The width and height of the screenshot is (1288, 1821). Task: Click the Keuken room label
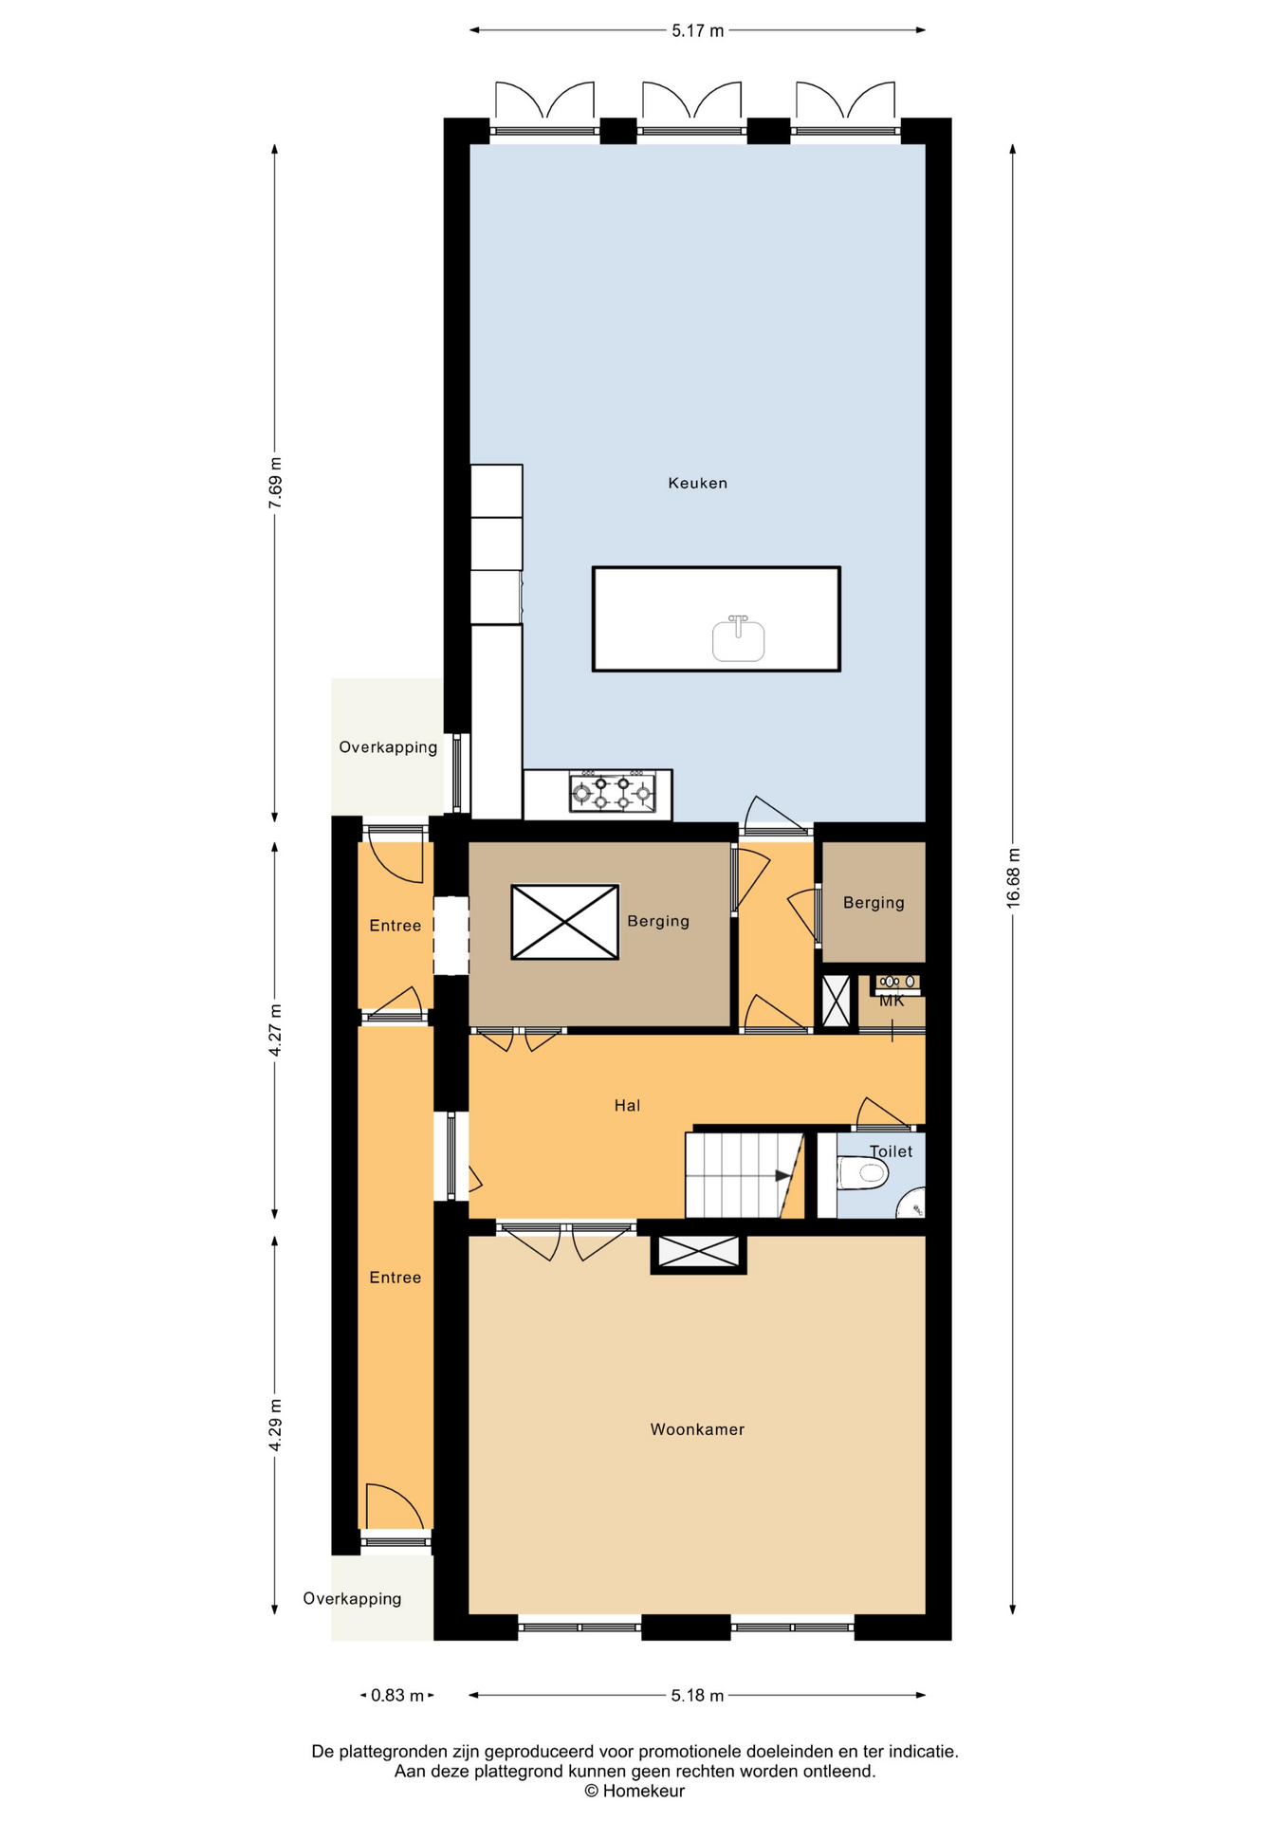697,483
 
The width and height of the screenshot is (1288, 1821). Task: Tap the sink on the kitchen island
738,639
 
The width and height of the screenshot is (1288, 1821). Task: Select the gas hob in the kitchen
613,792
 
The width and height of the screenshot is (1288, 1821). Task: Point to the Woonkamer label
697,1429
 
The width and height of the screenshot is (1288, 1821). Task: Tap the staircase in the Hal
745,1175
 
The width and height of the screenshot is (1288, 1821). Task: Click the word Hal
627,1105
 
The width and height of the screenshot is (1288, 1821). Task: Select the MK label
892,1001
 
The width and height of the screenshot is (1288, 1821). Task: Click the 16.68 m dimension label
1013,876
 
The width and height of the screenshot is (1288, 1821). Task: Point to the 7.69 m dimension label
275,483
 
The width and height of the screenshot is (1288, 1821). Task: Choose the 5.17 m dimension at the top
697,30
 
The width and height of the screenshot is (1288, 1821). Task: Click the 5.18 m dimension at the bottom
697,1695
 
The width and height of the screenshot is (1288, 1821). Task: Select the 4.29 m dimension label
275,1425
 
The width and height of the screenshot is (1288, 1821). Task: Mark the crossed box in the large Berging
565,922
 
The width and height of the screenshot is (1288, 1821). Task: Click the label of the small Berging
874,903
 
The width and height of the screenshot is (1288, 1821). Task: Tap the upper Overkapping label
388,747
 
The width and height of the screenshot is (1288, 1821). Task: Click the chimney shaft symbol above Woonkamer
698,1252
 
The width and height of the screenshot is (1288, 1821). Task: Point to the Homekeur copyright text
635,1791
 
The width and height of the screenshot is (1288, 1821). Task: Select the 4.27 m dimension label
275,1030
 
